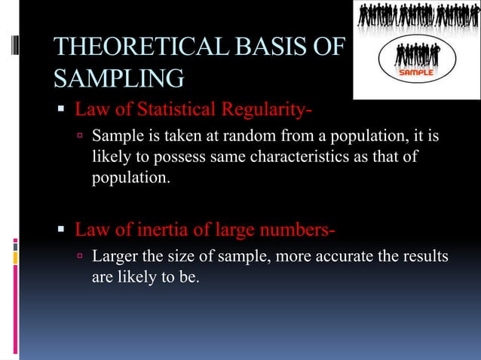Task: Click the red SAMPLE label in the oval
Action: [415, 73]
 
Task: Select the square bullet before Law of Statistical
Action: [63, 111]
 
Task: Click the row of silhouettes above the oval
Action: [415, 17]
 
